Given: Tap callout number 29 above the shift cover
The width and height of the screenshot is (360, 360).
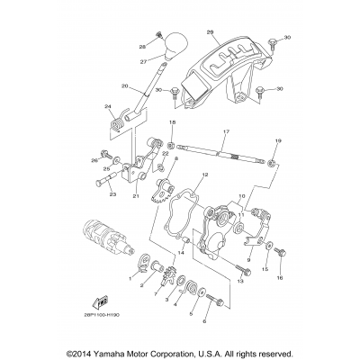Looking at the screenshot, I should click(x=210, y=33).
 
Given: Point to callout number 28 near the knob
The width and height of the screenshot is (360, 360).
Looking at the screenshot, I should click(x=142, y=44).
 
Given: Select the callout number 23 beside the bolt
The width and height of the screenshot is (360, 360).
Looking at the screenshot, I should click(x=113, y=193).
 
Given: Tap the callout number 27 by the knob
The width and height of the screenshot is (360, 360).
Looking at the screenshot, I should click(x=141, y=62).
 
